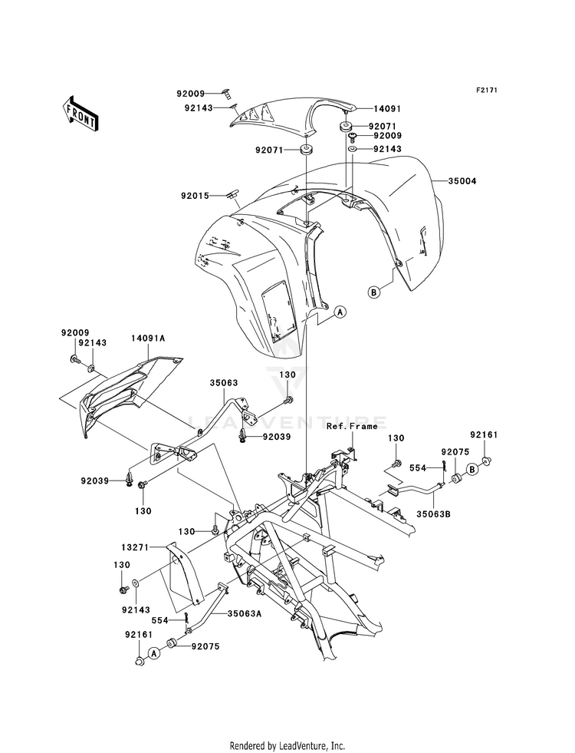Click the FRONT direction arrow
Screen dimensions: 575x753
pyautogui.click(x=80, y=113)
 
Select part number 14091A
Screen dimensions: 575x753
pyautogui.click(x=148, y=338)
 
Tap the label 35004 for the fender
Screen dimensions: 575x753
pyautogui.click(x=462, y=181)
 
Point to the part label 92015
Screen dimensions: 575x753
pyautogui.click(x=195, y=196)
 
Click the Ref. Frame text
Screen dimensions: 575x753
pyautogui.click(x=352, y=426)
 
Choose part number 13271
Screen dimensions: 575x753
pyautogui.click(x=135, y=547)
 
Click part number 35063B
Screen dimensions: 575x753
pyautogui.click(x=433, y=514)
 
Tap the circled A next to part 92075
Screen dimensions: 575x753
pyautogui.click(x=154, y=652)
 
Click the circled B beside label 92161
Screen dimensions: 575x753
pyautogui.click(x=473, y=469)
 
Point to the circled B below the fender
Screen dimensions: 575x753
pyautogui.click(x=373, y=291)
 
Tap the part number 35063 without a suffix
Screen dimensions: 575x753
pyautogui.click(x=223, y=383)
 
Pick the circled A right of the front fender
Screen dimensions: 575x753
pyautogui.click(x=340, y=312)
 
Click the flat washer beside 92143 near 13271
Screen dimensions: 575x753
pyautogui.click(x=136, y=583)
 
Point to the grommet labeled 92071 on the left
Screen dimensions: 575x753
pyautogui.click(x=305, y=150)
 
